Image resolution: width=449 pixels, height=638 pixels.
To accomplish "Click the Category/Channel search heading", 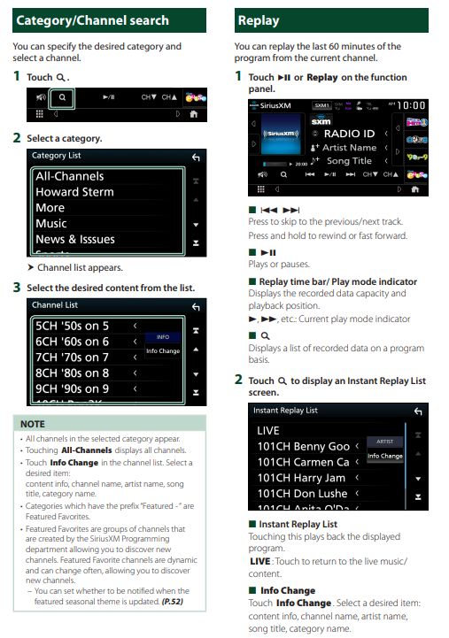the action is [x=92, y=20].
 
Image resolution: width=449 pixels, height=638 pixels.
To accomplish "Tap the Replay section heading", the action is [x=259, y=20].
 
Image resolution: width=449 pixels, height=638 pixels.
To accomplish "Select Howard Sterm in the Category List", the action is [x=74, y=192].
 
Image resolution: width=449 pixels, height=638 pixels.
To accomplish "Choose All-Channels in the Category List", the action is [x=70, y=176].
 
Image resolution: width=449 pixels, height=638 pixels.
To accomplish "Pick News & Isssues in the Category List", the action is [x=75, y=239].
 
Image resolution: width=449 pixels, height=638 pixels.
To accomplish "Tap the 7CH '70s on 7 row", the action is [x=72, y=357].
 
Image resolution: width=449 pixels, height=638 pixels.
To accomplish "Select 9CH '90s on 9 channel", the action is [x=72, y=389].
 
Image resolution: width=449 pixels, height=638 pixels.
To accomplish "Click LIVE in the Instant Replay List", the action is [x=267, y=430].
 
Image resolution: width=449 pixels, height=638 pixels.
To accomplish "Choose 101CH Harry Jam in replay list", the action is [x=301, y=478].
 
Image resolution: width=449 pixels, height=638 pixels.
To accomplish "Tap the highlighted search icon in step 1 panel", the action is [x=62, y=97].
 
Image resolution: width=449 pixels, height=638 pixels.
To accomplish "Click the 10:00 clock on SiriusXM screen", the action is [x=411, y=106].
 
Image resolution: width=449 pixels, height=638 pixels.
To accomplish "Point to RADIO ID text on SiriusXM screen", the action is [x=349, y=134].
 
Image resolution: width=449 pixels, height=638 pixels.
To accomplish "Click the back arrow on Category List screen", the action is [x=196, y=157].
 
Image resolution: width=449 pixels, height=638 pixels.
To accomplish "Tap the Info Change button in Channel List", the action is [x=163, y=350].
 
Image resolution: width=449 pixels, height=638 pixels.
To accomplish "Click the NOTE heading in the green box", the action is [x=33, y=424].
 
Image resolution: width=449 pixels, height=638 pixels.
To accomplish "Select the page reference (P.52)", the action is [x=173, y=602].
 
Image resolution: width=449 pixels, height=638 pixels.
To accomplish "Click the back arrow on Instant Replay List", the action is [x=418, y=411].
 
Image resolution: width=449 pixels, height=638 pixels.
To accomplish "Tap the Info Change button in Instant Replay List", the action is [x=385, y=456].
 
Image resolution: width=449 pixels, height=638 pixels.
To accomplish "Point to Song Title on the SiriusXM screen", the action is [x=349, y=161].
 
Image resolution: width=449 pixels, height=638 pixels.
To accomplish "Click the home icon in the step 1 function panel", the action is [x=193, y=114].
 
